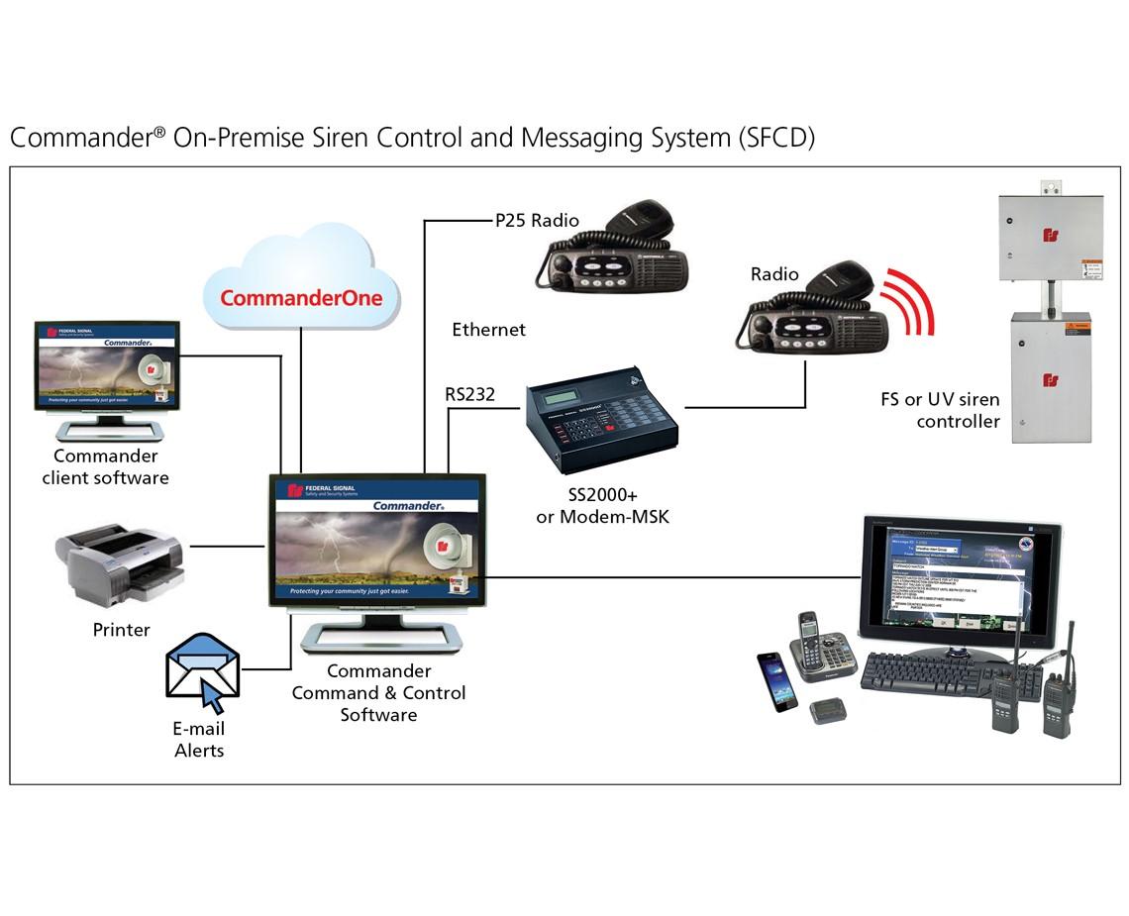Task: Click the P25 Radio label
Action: (537, 221)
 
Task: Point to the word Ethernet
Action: (488, 330)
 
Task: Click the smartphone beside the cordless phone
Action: (777, 680)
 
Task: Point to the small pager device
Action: (824, 710)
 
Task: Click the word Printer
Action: (121, 630)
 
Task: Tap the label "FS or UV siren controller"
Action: (940, 411)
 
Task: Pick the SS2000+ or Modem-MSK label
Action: (602, 506)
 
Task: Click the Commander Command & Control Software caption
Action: (378, 693)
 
